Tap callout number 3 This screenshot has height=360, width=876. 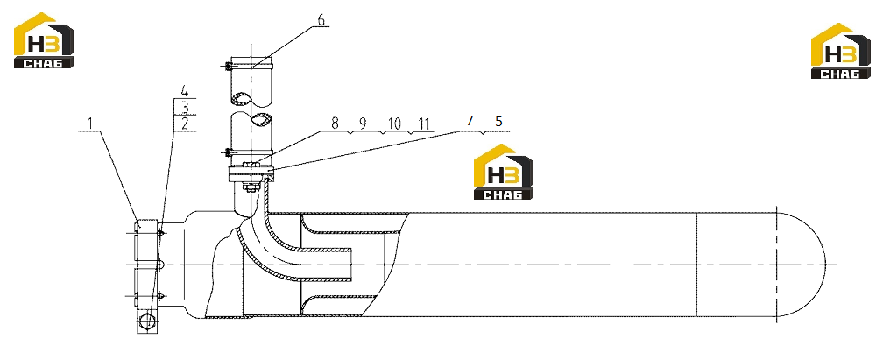(185, 107)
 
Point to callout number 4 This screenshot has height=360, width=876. (185, 90)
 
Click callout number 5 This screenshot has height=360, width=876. (498, 121)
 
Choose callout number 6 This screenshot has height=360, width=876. (321, 19)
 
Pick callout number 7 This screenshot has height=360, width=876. (470, 121)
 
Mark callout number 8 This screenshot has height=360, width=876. (336, 124)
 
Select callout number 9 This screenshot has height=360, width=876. (363, 124)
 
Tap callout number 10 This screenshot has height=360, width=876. (394, 124)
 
